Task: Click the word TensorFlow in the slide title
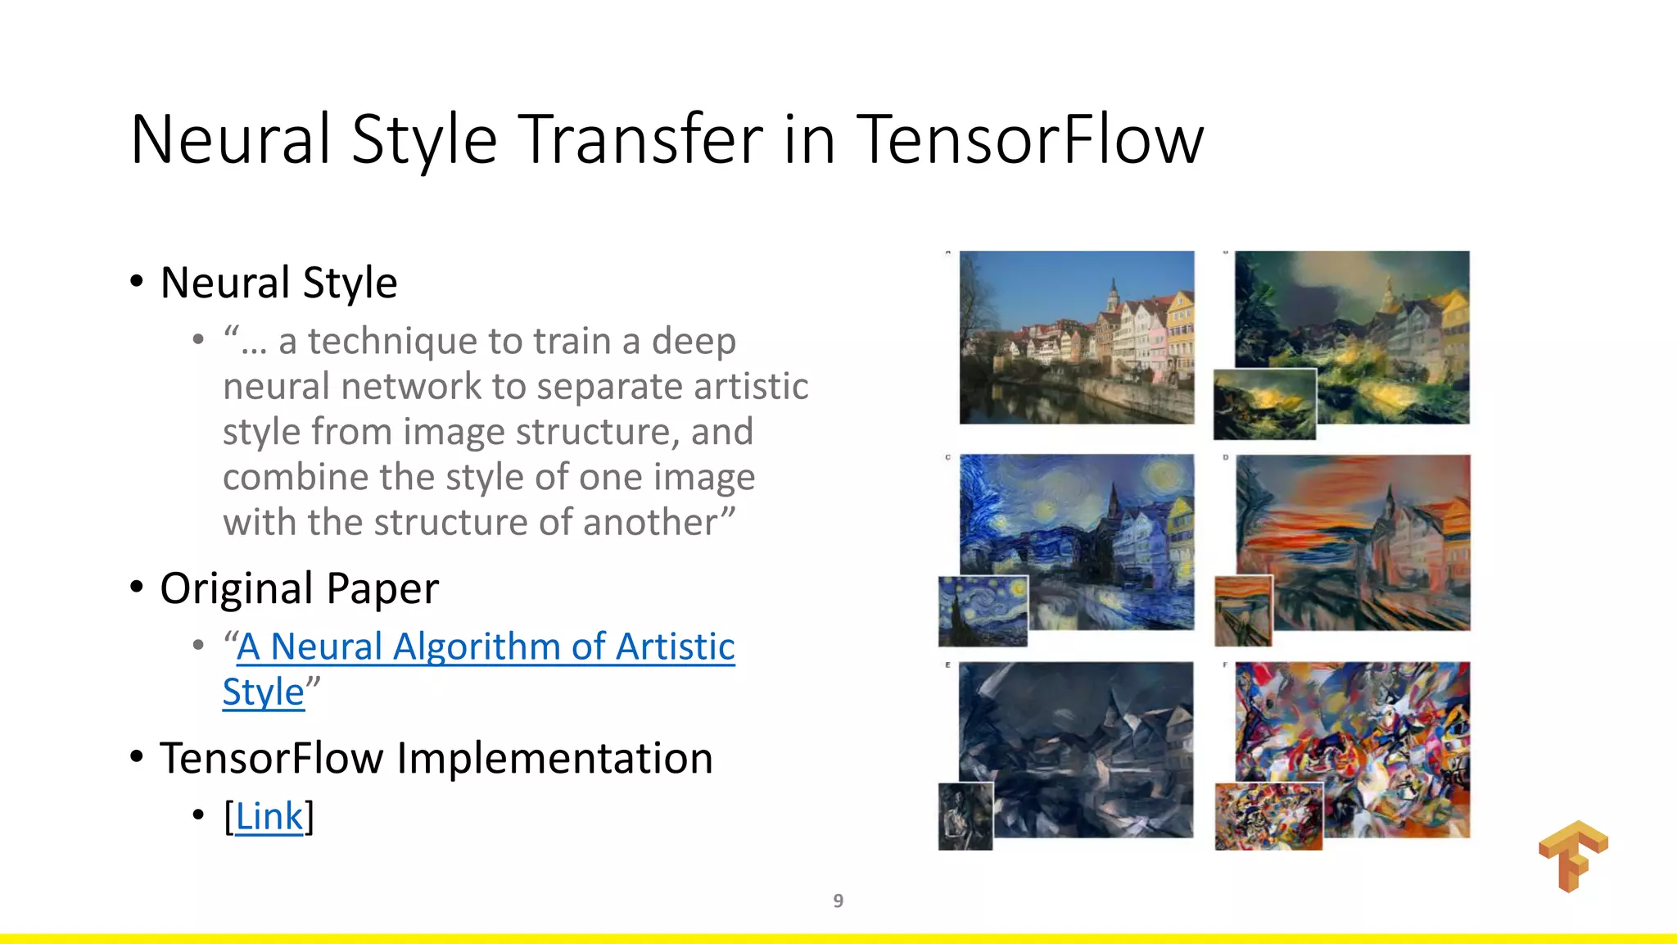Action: [1030, 139]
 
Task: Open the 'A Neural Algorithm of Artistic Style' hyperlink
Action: [486, 647]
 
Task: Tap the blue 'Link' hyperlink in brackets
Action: [269, 816]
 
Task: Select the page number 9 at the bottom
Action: [838, 901]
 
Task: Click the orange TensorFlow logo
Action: [1573, 855]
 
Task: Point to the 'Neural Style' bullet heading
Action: [278, 283]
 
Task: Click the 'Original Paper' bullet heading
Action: [299, 588]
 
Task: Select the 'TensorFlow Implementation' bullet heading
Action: [436, 758]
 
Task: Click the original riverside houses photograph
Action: [1076, 337]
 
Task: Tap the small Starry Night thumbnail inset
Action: [983, 610]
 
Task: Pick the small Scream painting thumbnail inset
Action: [1243, 610]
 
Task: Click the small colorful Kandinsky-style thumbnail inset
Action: [1268, 816]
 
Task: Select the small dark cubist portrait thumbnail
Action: [965, 816]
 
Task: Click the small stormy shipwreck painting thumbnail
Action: [1264, 404]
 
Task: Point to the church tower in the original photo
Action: [1113, 295]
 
